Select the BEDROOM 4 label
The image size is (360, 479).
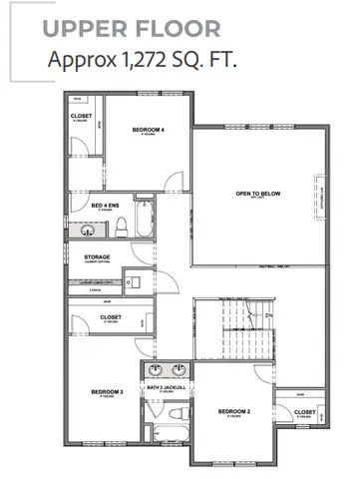148,131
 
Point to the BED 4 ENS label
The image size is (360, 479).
107,207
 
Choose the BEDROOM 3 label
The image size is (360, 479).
107,392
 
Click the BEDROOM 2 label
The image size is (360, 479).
233,410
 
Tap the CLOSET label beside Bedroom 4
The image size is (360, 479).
82,116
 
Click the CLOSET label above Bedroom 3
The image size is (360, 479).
111,317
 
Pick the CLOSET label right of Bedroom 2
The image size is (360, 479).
304,411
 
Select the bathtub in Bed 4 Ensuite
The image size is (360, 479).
144,221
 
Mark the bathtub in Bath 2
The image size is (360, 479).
171,436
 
